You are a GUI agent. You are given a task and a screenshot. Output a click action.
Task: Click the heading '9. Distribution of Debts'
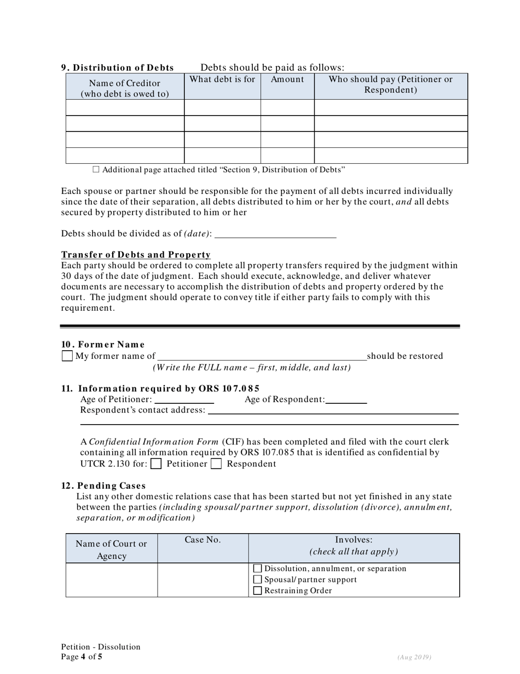pyautogui.click(x=117, y=68)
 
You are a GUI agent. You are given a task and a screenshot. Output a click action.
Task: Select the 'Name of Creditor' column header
pyautogui.click(x=125, y=88)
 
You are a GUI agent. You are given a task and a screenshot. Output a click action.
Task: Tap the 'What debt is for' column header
pyautogui.click(x=222, y=79)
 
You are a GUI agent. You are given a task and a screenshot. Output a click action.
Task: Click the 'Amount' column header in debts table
pyautogui.click(x=287, y=79)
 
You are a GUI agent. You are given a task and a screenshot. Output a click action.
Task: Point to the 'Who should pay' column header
pyautogui.click(x=391, y=84)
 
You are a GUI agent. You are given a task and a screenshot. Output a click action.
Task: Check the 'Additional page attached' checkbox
pyautogui.click(x=96, y=170)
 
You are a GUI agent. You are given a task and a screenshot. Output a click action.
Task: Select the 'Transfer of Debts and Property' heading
pyautogui.click(x=136, y=255)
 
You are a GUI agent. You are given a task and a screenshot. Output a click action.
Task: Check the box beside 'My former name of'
pyautogui.click(x=67, y=356)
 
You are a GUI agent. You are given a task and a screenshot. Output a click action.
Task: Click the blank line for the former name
pyautogui.click(x=261, y=356)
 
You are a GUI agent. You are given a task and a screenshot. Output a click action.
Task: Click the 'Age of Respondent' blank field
pyautogui.click(x=346, y=399)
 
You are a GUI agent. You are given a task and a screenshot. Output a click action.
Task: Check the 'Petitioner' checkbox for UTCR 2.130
pyautogui.click(x=156, y=464)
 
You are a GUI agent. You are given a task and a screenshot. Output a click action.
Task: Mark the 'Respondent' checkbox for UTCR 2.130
pyautogui.click(x=216, y=464)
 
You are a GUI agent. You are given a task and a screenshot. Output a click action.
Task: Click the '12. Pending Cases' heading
pyautogui.click(x=103, y=485)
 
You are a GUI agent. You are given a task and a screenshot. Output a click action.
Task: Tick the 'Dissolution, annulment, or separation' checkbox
pyautogui.click(x=258, y=569)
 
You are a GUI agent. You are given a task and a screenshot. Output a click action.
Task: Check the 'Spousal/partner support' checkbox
pyautogui.click(x=258, y=580)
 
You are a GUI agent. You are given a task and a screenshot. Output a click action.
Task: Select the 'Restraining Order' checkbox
pyautogui.click(x=258, y=591)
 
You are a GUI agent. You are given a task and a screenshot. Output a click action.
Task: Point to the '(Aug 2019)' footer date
pyautogui.click(x=415, y=658)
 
